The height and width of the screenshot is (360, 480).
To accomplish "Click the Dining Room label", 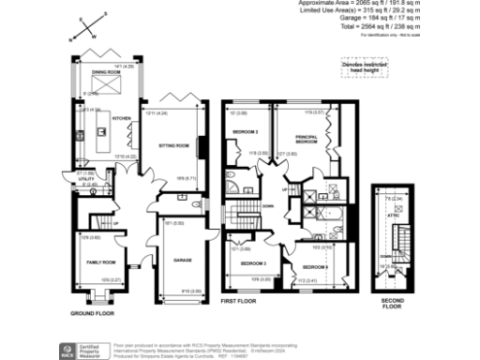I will [104, 71].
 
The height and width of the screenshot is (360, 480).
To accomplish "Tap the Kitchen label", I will [121, 119].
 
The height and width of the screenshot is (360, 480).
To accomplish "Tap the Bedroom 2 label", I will [246, 132].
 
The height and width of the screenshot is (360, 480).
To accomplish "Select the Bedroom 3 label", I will [251, 263].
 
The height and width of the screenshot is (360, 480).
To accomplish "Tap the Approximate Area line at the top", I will [388, 4].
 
